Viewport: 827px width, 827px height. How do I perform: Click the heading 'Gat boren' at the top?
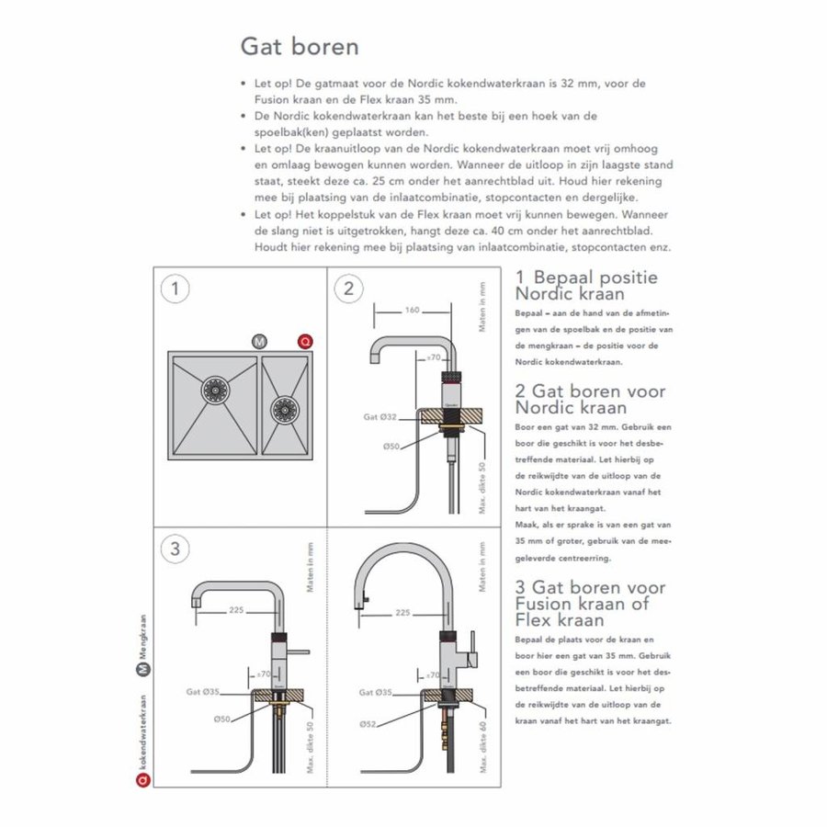pyautogui.click(x=299, y=45)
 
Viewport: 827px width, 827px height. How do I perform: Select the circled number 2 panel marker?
pyautogui.click(x=348, y=289)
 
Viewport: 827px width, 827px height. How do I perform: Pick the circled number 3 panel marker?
pyautogui.click(x=175, y=549)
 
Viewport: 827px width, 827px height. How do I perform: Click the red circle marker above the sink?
pyautogui.click(x=303, y=343)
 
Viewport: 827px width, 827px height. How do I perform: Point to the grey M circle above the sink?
pyautogui.click(x=259, y=343)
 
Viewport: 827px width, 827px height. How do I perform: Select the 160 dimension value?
pyautogui.click(x=412, y=311)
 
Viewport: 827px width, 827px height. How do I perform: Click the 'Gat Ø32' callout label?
pyautogui.click(x=380, y=416)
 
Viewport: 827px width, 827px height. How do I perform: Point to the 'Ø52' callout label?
pyautogui.click(x=368, y=724)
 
